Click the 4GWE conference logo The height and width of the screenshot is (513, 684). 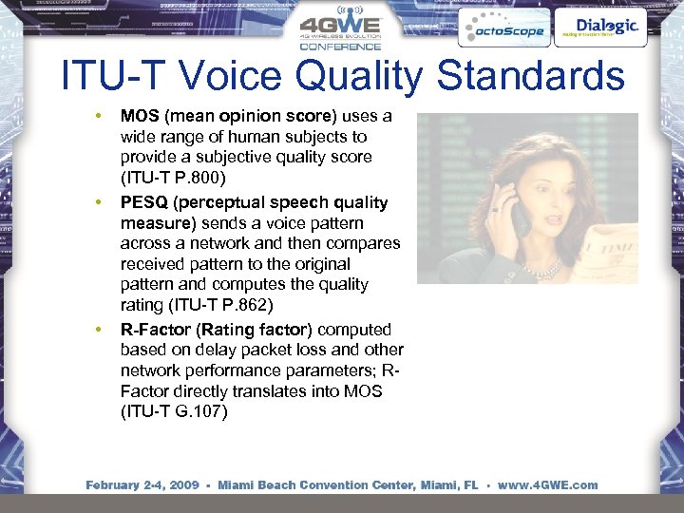point(340,30)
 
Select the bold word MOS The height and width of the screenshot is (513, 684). point(141,116)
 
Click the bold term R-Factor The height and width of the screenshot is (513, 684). point(154,330)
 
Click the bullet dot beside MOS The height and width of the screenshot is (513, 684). point(97,116)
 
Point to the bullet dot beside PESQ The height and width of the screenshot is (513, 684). point(97,202)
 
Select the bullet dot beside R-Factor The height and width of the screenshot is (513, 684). point(97,330)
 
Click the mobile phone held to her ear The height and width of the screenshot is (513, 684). point(520,217)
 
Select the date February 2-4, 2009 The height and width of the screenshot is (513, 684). point(142,484)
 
